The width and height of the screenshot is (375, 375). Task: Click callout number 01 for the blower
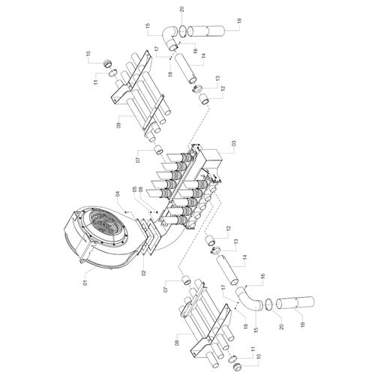pyautogui.click(x=85, y=283)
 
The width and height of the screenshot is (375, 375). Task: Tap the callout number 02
pyautogui.click(x=143, y=272)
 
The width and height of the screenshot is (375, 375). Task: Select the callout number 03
pyautogui.click(x=234, y=143)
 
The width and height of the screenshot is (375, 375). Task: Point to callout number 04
pyautogui.click(x=118, y=194)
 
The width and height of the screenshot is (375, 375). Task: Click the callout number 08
pyautogui.click(x=177, y=342)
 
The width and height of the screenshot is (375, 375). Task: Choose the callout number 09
pyautogui.click(x=118, y=125)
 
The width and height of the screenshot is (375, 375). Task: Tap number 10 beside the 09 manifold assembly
pyautogui.click(x=88, y=55)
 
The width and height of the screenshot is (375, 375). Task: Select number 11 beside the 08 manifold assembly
pyautogui.click(x=253, y=349)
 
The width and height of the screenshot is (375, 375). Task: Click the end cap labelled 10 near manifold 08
pyautogui.click(x=237, y=367)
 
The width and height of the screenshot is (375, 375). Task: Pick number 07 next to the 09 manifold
pyautogui.click(x=138, y=160)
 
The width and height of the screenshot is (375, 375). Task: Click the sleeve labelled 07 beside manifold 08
pyautogui.click(x=186, y=280)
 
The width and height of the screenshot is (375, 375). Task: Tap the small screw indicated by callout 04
pyautogui.click(x=125, y=212)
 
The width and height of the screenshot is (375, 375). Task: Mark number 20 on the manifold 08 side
pyautogui.click(x=282, y=326)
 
